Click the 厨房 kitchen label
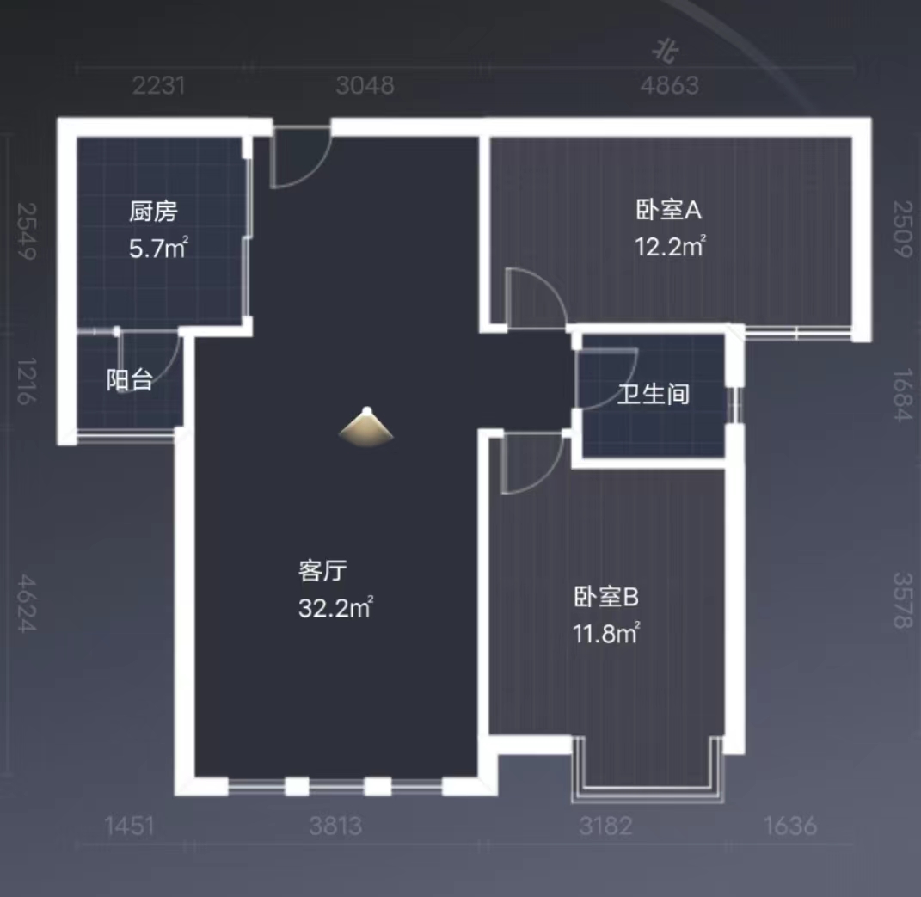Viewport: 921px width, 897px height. pos(154,210)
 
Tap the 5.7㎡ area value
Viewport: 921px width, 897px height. pos(158,249)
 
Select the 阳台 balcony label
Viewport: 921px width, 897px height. pos(130,379)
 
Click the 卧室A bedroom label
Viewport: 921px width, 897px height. pos(670,209)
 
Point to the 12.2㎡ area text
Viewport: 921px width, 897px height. pos(671,248)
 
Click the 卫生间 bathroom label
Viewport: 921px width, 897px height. pos(654,395)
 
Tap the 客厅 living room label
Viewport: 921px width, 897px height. pos(322,569)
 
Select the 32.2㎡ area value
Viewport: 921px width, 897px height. pos(335,609)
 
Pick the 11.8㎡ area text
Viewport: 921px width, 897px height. pos(607,635)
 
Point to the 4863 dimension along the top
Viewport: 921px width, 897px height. pos(669,85)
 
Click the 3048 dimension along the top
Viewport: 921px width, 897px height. pos(365,85)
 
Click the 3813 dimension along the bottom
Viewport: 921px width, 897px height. pos(335,826)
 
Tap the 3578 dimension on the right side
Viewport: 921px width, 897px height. pos(901,600)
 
